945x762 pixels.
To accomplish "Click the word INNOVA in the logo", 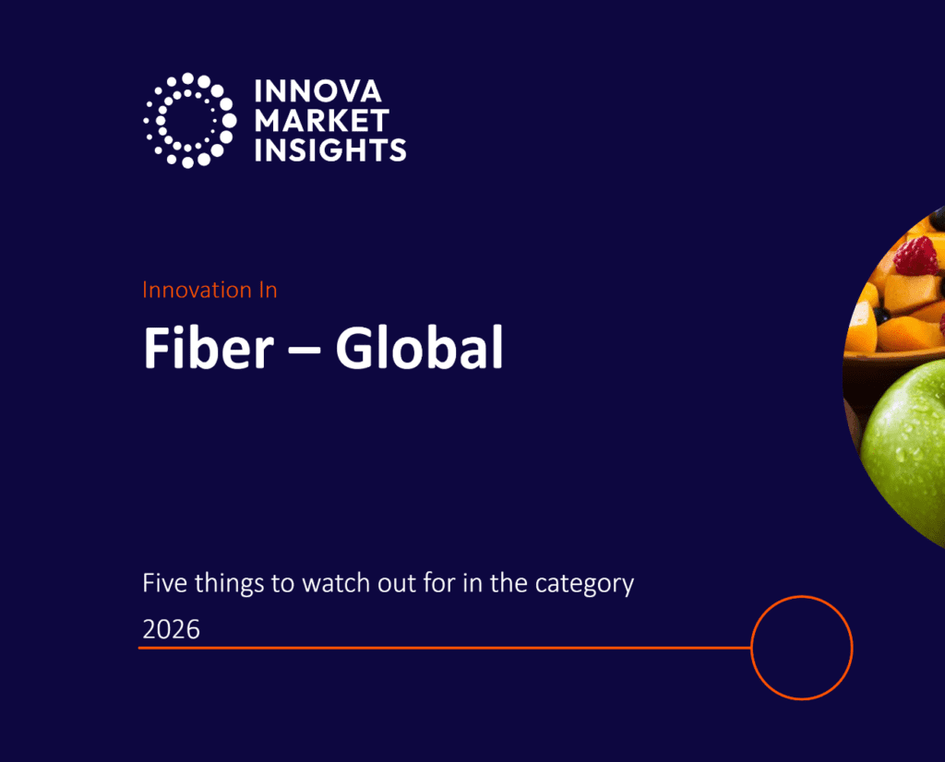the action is coord(317,91).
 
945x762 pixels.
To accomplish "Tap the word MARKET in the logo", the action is coord(322,121).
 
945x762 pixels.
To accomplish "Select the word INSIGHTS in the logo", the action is coord(330,150).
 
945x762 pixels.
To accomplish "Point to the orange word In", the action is coord(269,291).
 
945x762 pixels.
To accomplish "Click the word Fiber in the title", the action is coord(209,348).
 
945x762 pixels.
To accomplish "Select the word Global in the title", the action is coord(420,347).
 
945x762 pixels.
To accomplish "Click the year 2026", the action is coord(171,629).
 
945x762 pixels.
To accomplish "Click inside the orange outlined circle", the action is coord(802,648).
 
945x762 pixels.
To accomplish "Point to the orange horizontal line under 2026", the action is coord(445,649).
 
